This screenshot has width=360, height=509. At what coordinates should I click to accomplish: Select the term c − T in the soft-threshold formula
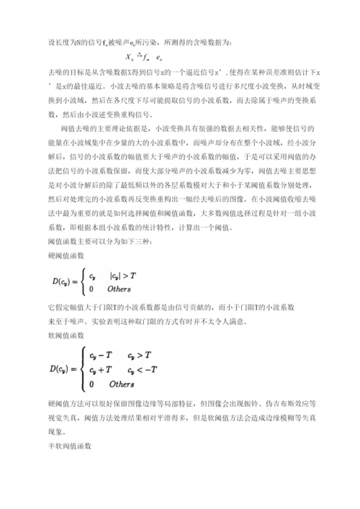click(x=101, y=356)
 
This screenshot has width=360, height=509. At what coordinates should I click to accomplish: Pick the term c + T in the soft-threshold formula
click(x=101, y=370)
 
